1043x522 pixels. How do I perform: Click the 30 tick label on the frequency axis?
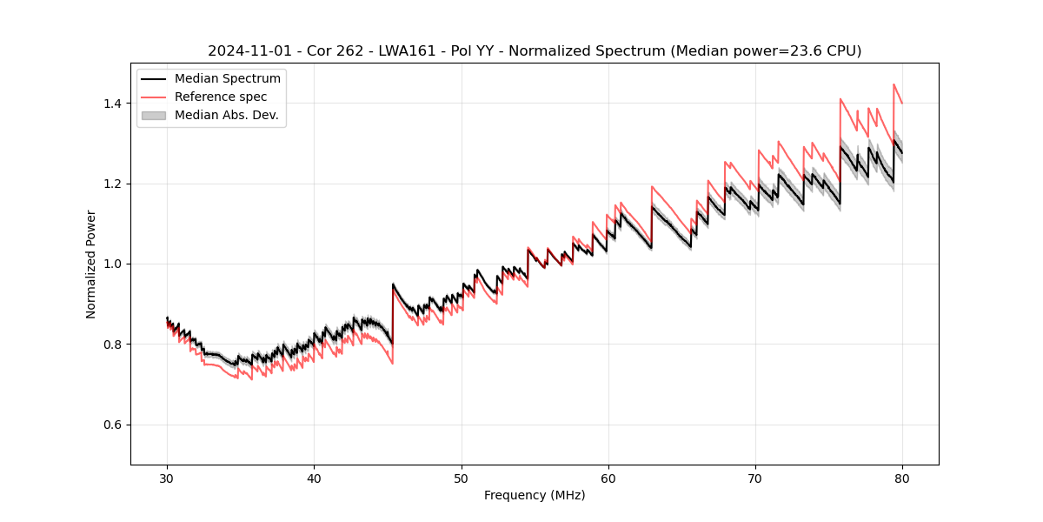167,478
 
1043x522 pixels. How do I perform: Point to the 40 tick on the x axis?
314,478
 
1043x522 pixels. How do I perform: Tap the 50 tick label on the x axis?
461,478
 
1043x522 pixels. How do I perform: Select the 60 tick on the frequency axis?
608,478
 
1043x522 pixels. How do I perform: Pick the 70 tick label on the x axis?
755,478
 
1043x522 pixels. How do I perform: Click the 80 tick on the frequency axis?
902,478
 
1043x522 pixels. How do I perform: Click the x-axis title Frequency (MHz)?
535,495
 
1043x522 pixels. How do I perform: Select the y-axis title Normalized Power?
91,264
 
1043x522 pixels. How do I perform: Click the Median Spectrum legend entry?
228,79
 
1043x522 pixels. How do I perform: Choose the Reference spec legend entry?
221,97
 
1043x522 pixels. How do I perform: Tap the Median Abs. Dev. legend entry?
227,115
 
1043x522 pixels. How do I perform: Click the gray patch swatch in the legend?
156,115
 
